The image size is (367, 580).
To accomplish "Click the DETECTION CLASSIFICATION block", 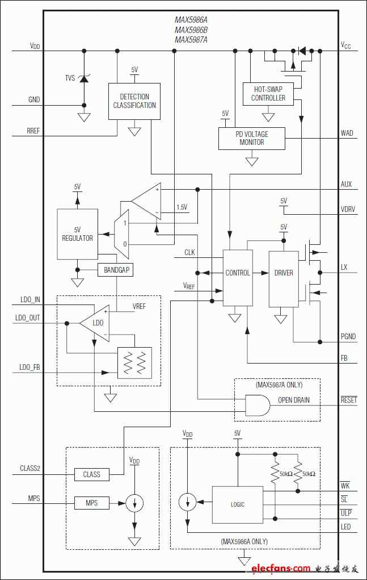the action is click(134, 101).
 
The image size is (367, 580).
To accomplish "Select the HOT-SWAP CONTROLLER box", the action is click(268, 94).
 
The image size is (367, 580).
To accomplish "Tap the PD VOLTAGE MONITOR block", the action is click(252, 139).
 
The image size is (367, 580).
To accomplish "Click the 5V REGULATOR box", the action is click(78, 234).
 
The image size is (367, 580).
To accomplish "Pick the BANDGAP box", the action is click(116, 270).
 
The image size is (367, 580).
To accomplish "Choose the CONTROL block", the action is click(238, 278).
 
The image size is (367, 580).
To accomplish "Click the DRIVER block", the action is click(284, 279).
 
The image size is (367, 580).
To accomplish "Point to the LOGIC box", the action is click(238, 504).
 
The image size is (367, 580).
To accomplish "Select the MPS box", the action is click(91, 503).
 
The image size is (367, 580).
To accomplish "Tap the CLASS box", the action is click(91, 474).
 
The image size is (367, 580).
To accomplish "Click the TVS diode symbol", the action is click(84, 78).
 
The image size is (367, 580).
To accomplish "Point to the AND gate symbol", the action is click(258, 406).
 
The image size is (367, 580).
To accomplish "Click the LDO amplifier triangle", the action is click(95, 323).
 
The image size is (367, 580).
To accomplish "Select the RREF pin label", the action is click(33, 131).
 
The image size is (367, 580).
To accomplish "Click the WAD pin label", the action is click(347, 133).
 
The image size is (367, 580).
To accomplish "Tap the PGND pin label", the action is click(348, 337).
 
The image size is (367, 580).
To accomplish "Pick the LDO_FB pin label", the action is click(29, 368).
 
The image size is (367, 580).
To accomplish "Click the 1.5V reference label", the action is click(182, 207).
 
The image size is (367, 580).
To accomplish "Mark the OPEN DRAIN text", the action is click(293, 400).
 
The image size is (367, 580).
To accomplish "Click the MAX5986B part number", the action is click(191, 30).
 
